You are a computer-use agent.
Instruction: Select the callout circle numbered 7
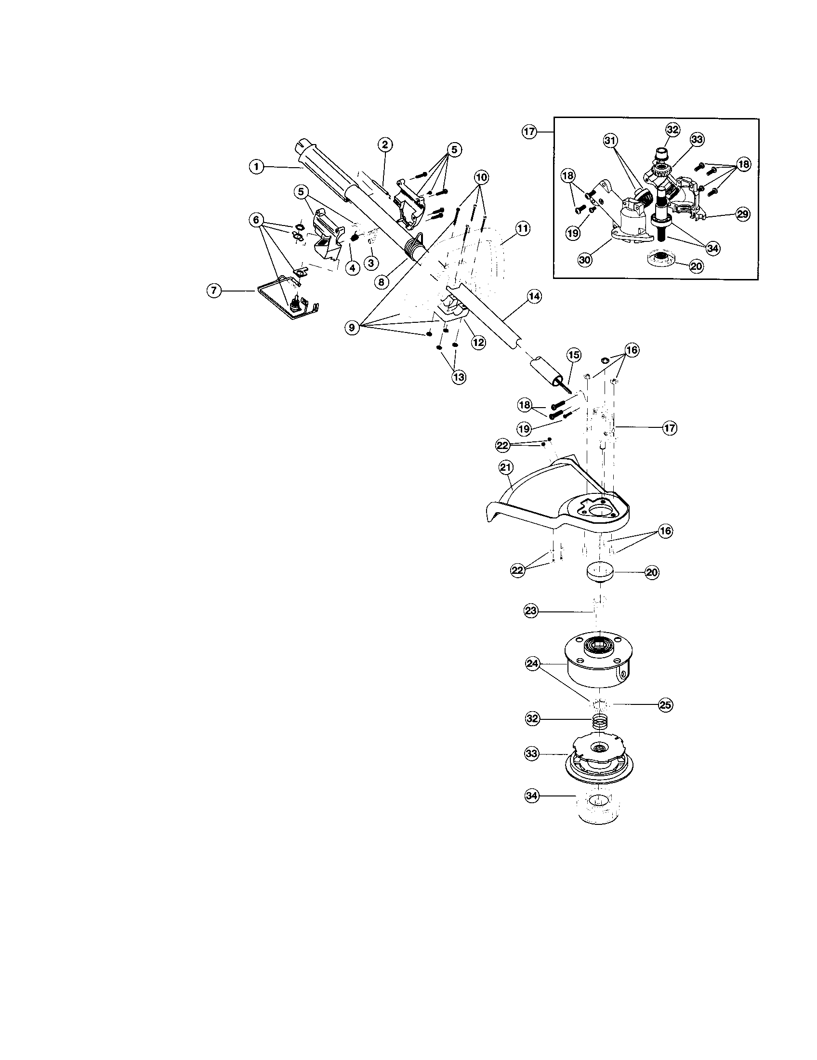(214, 291)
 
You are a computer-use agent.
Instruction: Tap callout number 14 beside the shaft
(534, 296)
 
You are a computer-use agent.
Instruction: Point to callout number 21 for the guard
(506, 467)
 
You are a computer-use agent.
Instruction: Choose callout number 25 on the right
(665, 705)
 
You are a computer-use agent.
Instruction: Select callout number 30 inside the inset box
(585, 260)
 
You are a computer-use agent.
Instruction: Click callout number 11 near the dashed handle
(523, 228)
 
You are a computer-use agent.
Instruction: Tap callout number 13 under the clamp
(459, 377)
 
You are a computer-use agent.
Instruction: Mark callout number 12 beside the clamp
(478, 342)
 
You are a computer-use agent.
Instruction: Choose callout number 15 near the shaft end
(573, 355)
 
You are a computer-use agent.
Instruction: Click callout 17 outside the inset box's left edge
(529, 132)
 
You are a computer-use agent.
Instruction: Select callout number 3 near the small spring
(371, 264)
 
